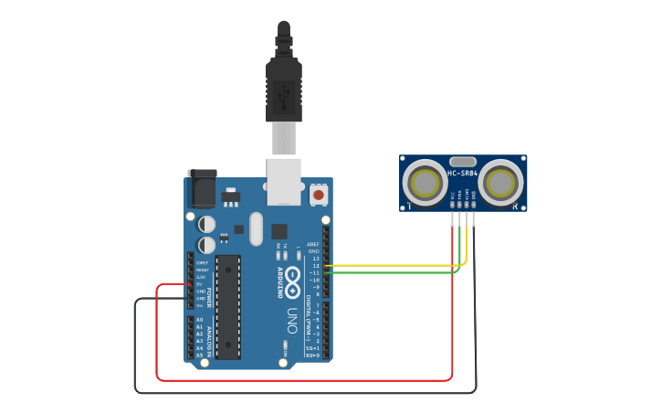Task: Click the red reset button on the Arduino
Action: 319,194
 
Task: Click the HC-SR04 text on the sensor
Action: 463,173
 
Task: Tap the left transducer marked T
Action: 426,183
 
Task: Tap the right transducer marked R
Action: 500,183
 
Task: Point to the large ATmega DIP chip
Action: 228,306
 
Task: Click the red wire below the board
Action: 301,379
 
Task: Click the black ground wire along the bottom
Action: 301,393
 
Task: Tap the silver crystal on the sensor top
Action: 463,161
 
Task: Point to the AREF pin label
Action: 313,245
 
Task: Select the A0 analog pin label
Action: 200,320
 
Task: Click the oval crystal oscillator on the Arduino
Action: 256,228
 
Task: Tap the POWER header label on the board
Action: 209,297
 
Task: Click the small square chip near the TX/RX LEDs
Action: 279,231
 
